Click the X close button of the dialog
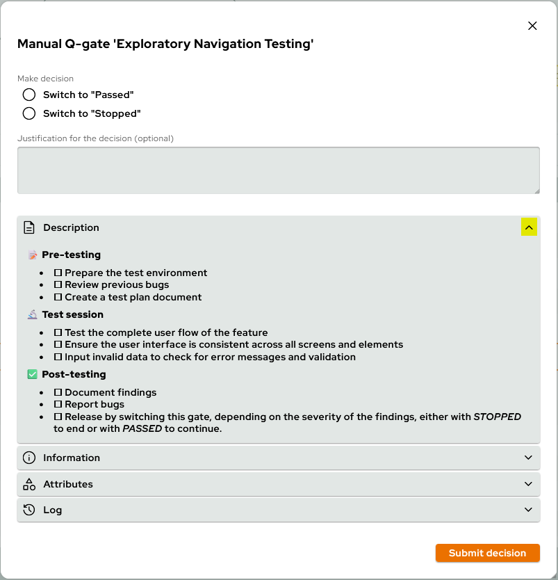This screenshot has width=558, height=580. [x=532, y=26]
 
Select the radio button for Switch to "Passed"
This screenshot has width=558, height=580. [x=28, y=95]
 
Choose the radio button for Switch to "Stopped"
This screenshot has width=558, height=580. [x=28, y=113]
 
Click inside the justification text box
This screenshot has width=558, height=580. [x=278, y=170]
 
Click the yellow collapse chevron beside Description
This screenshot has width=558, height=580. [x=529, y=227]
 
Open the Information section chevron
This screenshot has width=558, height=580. [x=529, y=458]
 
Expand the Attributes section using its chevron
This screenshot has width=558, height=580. [x=529, y=484]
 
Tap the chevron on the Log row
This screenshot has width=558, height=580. [x=529, y=510]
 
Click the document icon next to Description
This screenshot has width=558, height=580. [x=29, y=227]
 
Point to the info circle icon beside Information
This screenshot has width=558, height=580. [x=29, y=458]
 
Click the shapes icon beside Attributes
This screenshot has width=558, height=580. [x=29, y=484]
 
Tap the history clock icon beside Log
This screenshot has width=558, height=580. [x=29, y=510]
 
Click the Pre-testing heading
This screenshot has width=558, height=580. [x=71, y=255]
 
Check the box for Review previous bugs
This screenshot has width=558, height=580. [x=58, y=284]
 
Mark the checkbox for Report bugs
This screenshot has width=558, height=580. [x=58, y=404]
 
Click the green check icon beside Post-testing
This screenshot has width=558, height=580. [x=32, y=374]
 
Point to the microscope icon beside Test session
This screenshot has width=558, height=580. [x=32, y=314]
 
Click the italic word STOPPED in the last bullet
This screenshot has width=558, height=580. [x=497, y=417]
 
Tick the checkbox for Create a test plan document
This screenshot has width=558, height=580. [x=58, y=297]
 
